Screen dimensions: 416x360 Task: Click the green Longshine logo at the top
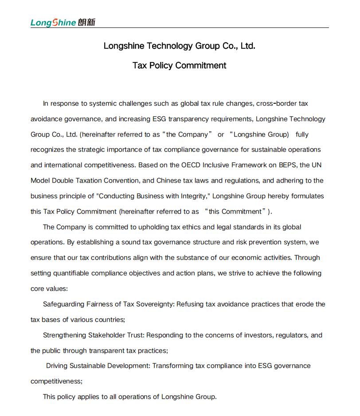[53, 23]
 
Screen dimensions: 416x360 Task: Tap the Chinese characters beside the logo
[86, 22]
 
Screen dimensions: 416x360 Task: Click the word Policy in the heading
[161, 66]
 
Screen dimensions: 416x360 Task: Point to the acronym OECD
[191, 165]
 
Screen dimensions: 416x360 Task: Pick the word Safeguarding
[63, 304]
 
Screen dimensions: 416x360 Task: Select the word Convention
[122, 181]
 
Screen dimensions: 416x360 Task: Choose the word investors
[258, 335]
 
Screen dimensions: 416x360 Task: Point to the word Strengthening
[64, 335]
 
